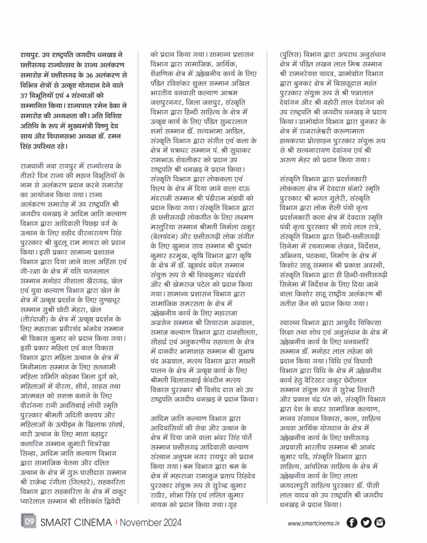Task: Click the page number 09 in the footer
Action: tap(29, 521)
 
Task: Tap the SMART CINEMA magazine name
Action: tap(76, 522)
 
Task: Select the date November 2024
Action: tap(150, 522)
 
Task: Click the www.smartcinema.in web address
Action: tap(314, 523)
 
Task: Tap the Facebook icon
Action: tap(352, 522)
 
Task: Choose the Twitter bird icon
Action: tap(366, 522)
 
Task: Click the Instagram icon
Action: tap(379, 522)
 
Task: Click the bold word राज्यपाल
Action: tap(85, 106)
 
